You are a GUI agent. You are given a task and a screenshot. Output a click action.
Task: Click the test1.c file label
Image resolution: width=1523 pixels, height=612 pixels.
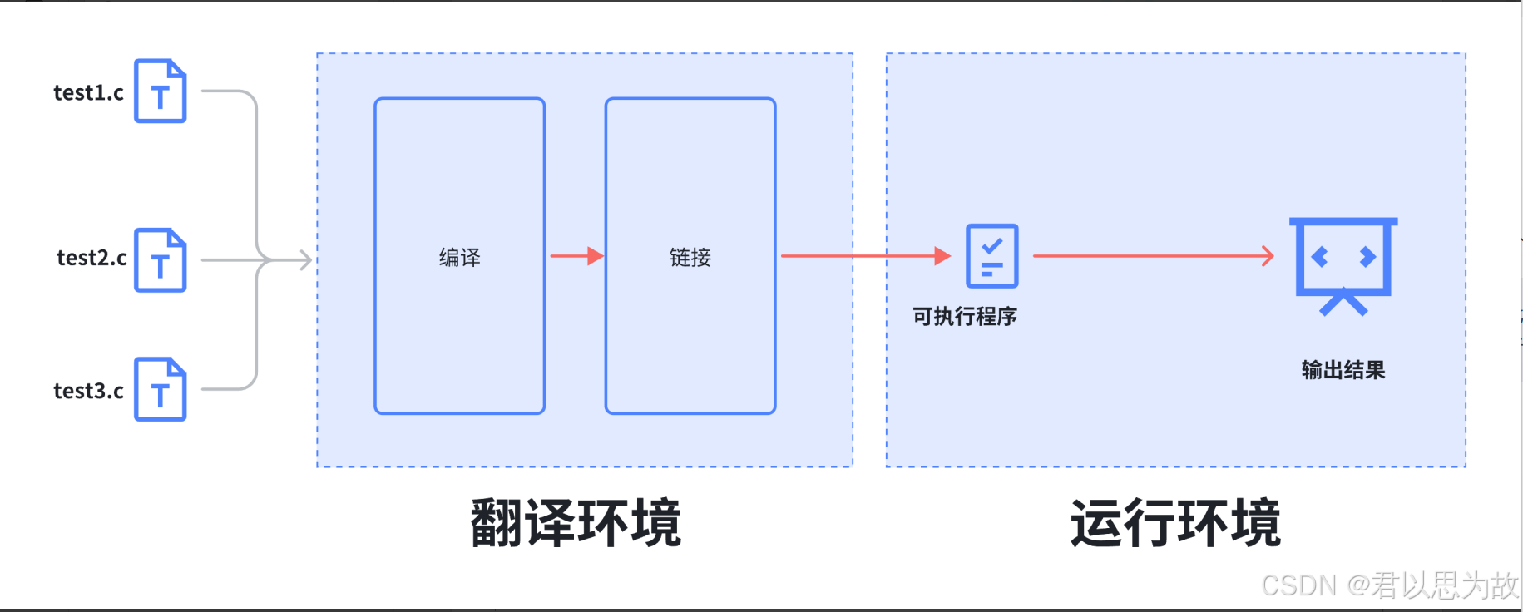[88, 92]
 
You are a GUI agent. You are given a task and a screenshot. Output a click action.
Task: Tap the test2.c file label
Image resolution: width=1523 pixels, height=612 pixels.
[91, 258]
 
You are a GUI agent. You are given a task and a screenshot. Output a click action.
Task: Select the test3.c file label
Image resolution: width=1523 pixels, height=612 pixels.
[88, 391]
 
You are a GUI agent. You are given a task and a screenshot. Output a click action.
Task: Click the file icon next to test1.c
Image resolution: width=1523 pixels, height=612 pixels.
[161, 91]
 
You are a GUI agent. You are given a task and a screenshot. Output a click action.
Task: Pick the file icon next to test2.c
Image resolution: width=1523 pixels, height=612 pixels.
[161, 260]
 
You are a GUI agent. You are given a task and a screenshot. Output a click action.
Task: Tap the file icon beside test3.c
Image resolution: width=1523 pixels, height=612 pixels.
[161, 389]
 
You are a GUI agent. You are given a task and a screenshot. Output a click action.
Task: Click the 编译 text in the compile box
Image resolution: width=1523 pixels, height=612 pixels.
[460, 258]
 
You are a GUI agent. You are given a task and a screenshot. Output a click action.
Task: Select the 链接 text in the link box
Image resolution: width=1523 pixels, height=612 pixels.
[690, 258]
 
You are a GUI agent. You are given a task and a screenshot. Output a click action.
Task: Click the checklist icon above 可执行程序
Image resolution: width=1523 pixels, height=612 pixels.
[991, 255]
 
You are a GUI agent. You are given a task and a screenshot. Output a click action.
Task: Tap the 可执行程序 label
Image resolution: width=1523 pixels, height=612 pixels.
[965, 317]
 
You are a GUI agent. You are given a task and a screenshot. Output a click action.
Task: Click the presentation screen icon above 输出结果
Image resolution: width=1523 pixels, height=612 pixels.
[1343, 263]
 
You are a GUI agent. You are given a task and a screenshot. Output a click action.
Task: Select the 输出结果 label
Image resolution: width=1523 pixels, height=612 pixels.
[1343, 370]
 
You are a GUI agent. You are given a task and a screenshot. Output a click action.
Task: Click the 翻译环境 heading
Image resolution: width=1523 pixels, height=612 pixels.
[576, 523]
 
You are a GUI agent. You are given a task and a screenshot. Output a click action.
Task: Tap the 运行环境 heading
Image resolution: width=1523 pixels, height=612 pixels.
[1175, 523]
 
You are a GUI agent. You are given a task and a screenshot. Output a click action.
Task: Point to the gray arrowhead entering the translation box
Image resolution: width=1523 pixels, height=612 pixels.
[306, 260]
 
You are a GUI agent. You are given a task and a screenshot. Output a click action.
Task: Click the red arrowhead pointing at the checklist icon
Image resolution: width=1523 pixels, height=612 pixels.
[942, 256]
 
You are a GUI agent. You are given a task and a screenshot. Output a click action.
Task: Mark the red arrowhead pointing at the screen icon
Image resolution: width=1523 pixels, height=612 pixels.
[1268, 256]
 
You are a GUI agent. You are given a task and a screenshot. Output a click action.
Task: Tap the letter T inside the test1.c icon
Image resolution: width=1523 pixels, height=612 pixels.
[161, 97]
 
